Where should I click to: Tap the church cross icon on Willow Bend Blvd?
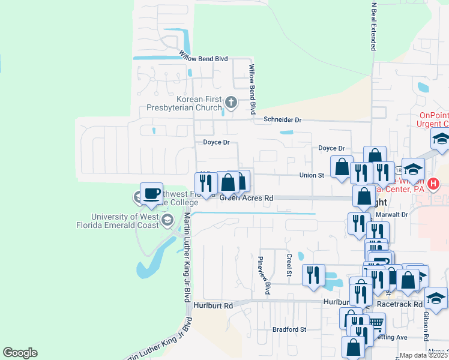pyautogui.click(x=230, y=103)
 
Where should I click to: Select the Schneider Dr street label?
pyautogui.click(x=282, y=120)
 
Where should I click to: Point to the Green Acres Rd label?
pyautogui.click(x=246, y=197)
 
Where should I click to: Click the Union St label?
pyautogui.click(x=312, y=175)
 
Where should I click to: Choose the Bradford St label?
pyautogui.click(x=289, y=329)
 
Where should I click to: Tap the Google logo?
pyautogui.click(x=20, y=353)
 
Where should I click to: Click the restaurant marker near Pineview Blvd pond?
pyautogui.click(x=313, y=275)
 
